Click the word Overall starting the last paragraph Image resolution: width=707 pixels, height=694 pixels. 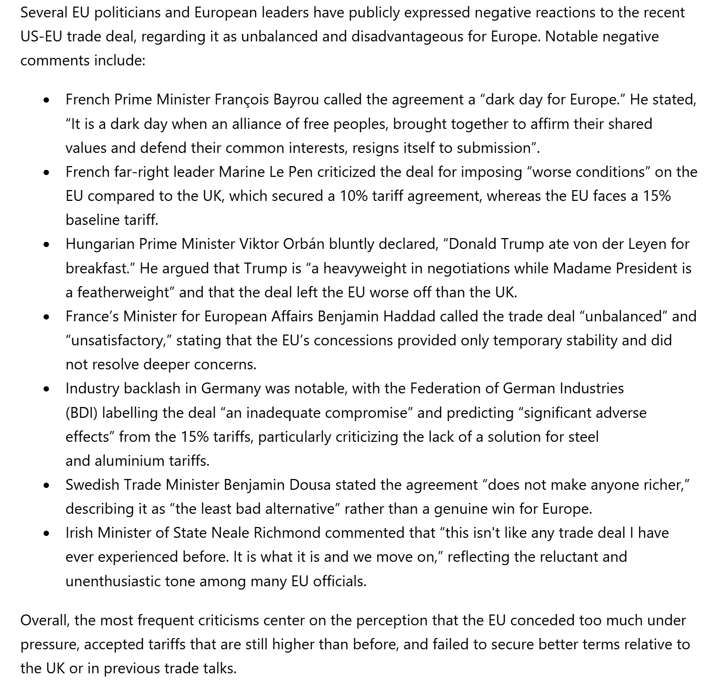click(x=45, y=620)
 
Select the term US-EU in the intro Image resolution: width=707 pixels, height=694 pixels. click(x=41, y=36)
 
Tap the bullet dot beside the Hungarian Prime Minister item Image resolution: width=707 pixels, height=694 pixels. click(x=46, y=245)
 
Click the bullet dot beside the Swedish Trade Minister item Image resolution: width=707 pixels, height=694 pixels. click(x=46, y=486)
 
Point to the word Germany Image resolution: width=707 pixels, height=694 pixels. click(x=231, y=388)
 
